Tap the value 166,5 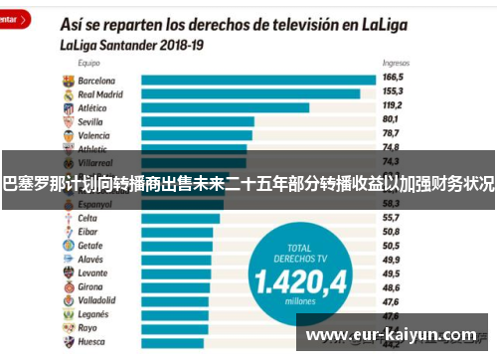pyautogui.click(x=395, y=77)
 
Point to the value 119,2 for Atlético pyautogui.click(x=395, y=104)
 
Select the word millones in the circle pyautogui.click(x=300, y=302)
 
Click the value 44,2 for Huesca pyautogui.click(x=391, y=341)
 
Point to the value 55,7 pyautogui.click(x=391, y=217)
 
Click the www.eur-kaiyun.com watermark pyautogui.click(x=392, y=334)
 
